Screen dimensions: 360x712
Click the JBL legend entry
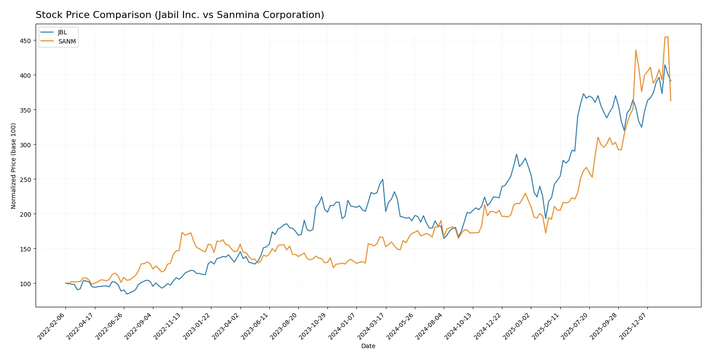62,32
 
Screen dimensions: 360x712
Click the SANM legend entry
67,41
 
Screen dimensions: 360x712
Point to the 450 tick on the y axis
25,40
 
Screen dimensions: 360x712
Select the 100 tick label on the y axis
25,284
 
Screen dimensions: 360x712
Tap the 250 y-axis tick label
25,110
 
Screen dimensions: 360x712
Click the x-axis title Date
368,346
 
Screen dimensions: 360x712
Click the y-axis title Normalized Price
13,166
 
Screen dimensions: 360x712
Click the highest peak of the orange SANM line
668,36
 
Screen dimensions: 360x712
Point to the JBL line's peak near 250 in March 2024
383,179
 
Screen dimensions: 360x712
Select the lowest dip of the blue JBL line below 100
127,294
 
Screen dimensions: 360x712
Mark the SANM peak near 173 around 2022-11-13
182,233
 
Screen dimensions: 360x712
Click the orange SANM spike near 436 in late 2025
636,50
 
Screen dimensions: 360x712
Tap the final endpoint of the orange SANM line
671,101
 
